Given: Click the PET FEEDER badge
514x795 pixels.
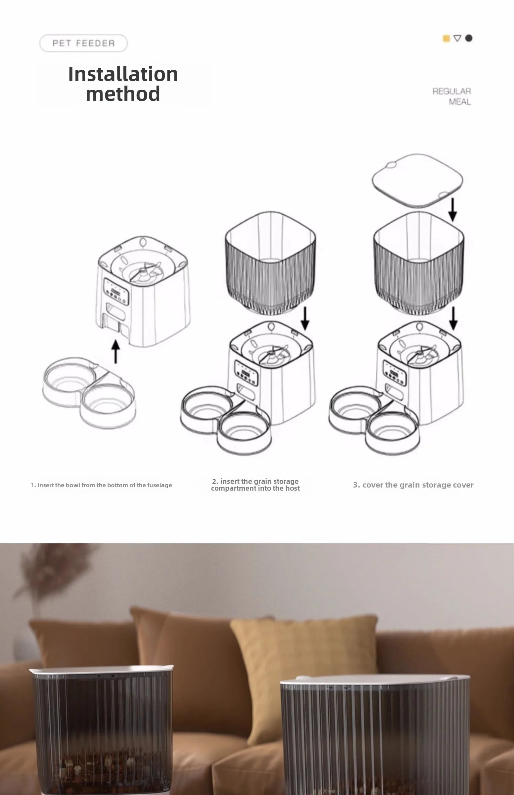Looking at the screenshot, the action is (x=84, y=43).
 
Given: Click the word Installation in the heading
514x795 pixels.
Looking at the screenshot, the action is (x=123, y=74).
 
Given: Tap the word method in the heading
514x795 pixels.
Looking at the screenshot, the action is (x=123, y=93).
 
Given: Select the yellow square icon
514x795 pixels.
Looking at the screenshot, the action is (x=446, y=38).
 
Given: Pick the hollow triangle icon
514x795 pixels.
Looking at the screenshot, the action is (x=457, y=38).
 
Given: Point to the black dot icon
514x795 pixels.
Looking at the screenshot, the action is (x=469, y=38).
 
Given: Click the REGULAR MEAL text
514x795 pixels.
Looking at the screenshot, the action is (x=452, y=97).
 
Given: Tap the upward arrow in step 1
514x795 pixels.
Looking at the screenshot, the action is (x=116, y=351).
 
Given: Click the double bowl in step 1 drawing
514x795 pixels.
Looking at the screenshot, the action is (x=89, y=392).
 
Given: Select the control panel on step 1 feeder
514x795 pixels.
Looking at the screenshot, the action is (x=116, y=290).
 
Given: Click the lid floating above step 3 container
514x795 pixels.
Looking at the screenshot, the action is (x=417, y=180).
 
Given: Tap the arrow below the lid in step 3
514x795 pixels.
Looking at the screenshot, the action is (x=452, y=209).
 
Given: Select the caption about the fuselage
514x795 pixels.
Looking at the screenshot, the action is (x=101, y=485).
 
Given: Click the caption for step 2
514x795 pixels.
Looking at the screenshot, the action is (x=255, y=485).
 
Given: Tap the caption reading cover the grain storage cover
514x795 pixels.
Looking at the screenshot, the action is (x=413, y=485).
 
